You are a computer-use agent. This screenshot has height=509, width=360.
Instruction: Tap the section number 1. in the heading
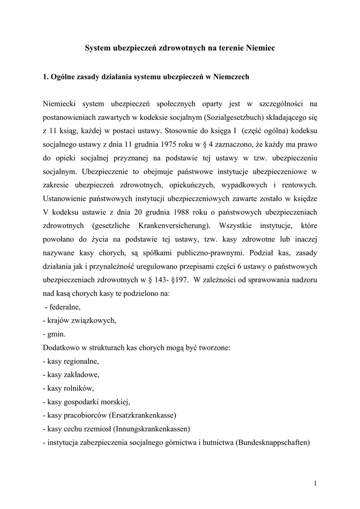tap(45, 77)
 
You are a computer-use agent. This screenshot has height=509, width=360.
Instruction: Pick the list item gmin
tap(56, 334)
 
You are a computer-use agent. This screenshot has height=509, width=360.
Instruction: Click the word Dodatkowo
tap(62, 347)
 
